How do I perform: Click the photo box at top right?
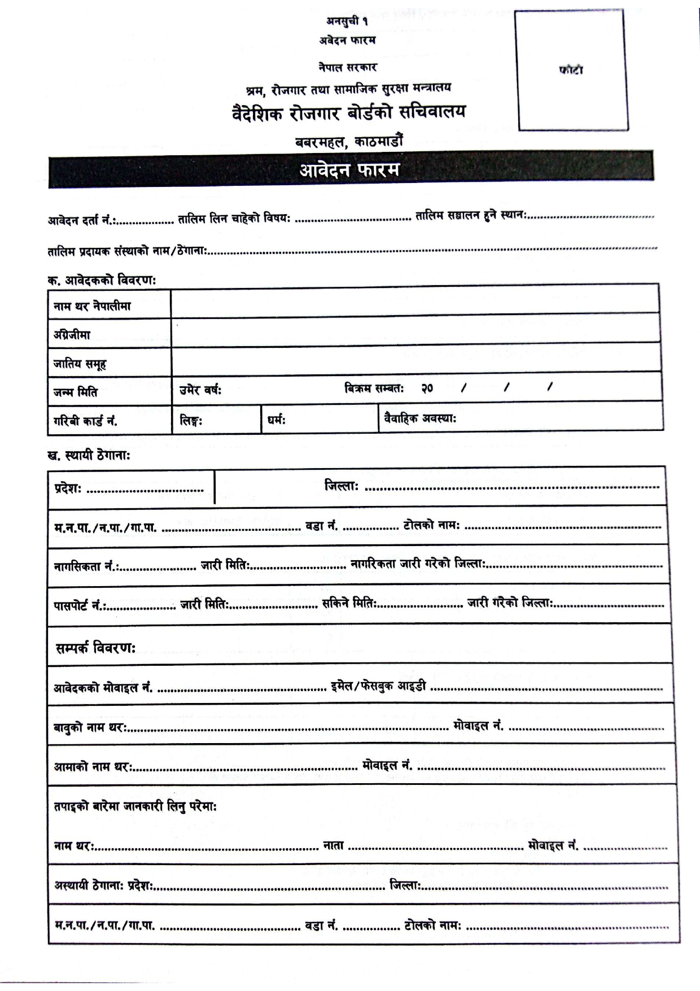coord(571,71)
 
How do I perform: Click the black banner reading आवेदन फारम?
coord(350,169)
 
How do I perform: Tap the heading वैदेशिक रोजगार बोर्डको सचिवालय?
coord(349,113)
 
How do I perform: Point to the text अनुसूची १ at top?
coord(347,21)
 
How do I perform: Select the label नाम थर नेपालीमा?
coord(92,307)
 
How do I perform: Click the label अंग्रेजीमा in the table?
coord(72,335)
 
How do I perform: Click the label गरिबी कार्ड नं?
coord(85,421)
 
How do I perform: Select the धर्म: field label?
coord(277,420)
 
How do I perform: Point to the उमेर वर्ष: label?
coord(200,390)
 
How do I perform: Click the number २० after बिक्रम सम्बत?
coord(427,388)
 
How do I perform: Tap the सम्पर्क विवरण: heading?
coord(95,648)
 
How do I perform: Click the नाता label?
coord(334,846)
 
